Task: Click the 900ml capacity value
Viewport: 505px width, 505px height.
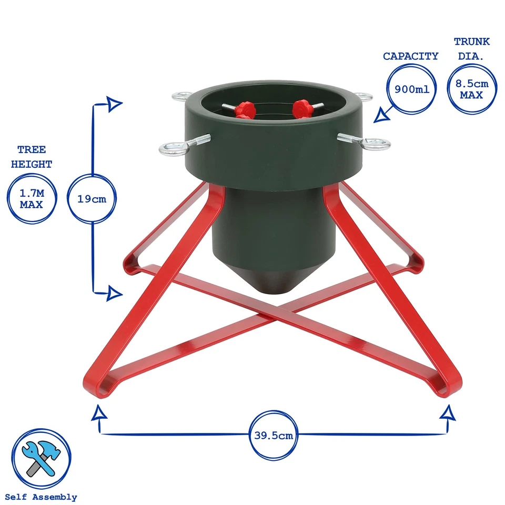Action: [x=412, y=89]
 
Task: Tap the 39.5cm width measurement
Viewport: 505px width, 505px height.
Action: [x=274, y=436]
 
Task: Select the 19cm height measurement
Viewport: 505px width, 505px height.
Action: [x=92, y=199]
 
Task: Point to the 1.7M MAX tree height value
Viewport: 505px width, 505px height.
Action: [x=32, y=199]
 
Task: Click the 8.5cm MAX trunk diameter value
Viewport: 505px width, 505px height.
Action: [x=472, y=89]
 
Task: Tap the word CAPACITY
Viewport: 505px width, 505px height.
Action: [x=411, y=56]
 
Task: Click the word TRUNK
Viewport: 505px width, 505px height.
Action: [x=472, y=42]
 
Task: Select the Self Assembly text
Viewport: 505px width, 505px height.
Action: [x=41, y=497]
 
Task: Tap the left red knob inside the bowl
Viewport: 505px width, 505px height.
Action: [x=245, y=110]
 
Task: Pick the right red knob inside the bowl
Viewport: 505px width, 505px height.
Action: [x=303, y=109]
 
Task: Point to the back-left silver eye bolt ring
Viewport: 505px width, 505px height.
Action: [x=181, y=96]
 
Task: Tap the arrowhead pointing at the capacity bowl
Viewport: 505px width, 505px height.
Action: [x=381, y=115]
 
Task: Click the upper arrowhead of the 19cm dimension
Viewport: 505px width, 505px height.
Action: [x=114, y=104]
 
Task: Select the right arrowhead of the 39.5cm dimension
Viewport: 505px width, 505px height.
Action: [x=448, y=413]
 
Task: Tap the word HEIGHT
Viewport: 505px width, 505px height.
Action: [x=32, y=164]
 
